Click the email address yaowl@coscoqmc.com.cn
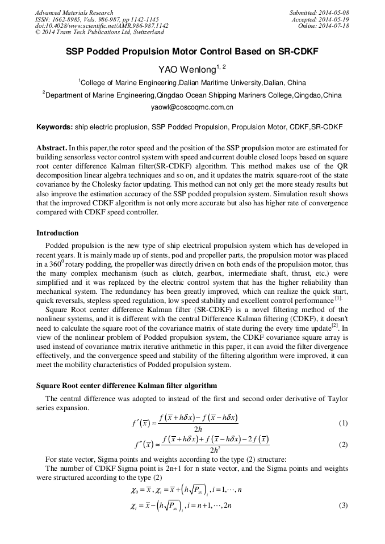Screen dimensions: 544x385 point(192,107)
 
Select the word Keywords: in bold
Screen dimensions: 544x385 point(55,128)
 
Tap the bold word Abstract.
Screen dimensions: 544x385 point(52,147)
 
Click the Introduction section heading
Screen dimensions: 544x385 point(57,233)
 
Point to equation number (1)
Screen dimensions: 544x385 point(343,423)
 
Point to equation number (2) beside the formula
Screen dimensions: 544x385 point(343,445)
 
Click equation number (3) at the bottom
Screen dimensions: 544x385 point(343,505)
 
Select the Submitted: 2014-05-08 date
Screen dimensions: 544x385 point(319,12)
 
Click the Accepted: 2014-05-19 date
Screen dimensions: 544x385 point(320,19)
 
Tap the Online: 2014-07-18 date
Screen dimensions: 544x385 point(324,26)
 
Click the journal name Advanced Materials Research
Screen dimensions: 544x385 point(74,12)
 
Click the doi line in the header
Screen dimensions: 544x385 point(102,26)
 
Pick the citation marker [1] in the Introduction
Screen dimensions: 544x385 point(338,298)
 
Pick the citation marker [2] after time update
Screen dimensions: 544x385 point(335,326)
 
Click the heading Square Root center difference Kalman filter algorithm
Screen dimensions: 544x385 point(126,385)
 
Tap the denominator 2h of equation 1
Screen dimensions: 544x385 point(198,429)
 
